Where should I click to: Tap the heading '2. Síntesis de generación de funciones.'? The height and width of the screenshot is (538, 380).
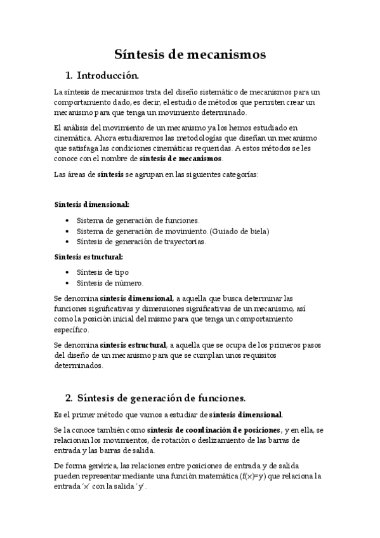[155, 398]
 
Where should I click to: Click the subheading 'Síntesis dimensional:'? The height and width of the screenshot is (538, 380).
[92, 204]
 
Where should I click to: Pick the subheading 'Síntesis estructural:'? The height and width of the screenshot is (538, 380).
[89, 257]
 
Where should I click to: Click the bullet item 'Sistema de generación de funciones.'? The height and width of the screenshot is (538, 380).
[138, 220]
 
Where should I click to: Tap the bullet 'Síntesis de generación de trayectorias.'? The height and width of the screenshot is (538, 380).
[141, 242]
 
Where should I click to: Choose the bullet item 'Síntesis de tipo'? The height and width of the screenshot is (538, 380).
[103, 272]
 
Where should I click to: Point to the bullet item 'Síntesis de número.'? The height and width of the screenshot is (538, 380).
[110, 283]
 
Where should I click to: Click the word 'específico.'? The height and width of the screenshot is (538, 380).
[72, 330]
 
